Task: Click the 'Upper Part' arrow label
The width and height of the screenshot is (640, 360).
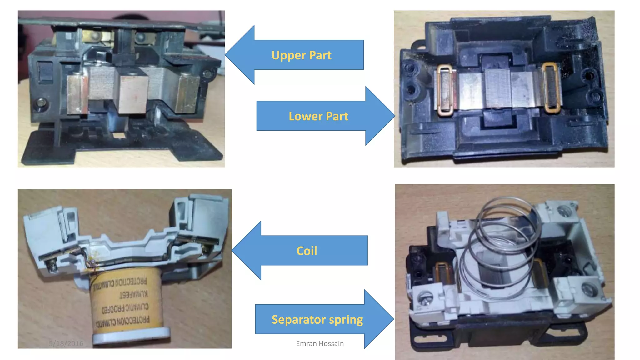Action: click(301, 55)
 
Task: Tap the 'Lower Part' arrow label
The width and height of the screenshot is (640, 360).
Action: click(318, 116)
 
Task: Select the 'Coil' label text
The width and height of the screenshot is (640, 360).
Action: click(307, 251)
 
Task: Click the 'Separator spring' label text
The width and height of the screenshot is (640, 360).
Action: click(317, 320)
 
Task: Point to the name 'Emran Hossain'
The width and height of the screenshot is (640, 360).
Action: click(320, 344)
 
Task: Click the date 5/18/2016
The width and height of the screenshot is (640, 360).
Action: click(66, 344)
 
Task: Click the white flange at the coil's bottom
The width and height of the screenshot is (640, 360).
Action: click(131, 336)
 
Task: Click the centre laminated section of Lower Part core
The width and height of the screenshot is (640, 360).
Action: click(497, 89)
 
